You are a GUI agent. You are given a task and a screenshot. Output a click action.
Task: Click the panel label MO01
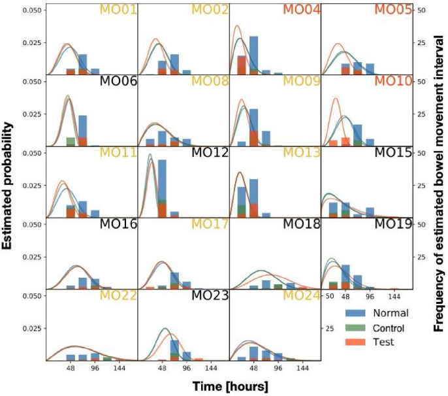tap(117, 10)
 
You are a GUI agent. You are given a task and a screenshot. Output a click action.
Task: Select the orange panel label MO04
tap(302, 10)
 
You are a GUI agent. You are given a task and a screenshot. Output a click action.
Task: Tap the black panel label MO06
tap(118, 82)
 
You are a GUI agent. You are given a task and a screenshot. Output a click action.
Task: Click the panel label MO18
tap(301, 225)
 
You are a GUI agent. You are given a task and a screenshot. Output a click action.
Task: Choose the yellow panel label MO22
tap(118, 296)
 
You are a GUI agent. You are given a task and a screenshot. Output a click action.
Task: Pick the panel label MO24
tap(301, 296)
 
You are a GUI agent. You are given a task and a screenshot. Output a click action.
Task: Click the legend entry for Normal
tap(391, 313)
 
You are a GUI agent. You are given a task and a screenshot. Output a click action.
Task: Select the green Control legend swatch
tap(357, 328)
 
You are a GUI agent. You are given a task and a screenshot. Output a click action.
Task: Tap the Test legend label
tap(385, 342)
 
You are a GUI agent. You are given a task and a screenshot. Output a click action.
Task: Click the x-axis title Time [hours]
tap(230, 386)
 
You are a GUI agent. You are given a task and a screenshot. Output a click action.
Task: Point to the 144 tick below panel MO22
tap(120, 369)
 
